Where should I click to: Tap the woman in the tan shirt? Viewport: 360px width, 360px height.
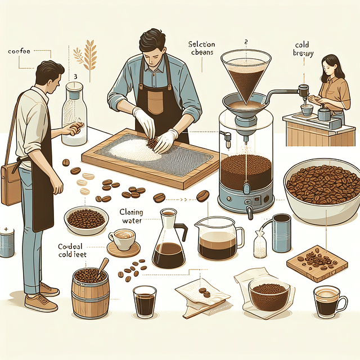pos(332,84)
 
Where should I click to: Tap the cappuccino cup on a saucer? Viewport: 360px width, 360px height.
pos(123,242)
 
